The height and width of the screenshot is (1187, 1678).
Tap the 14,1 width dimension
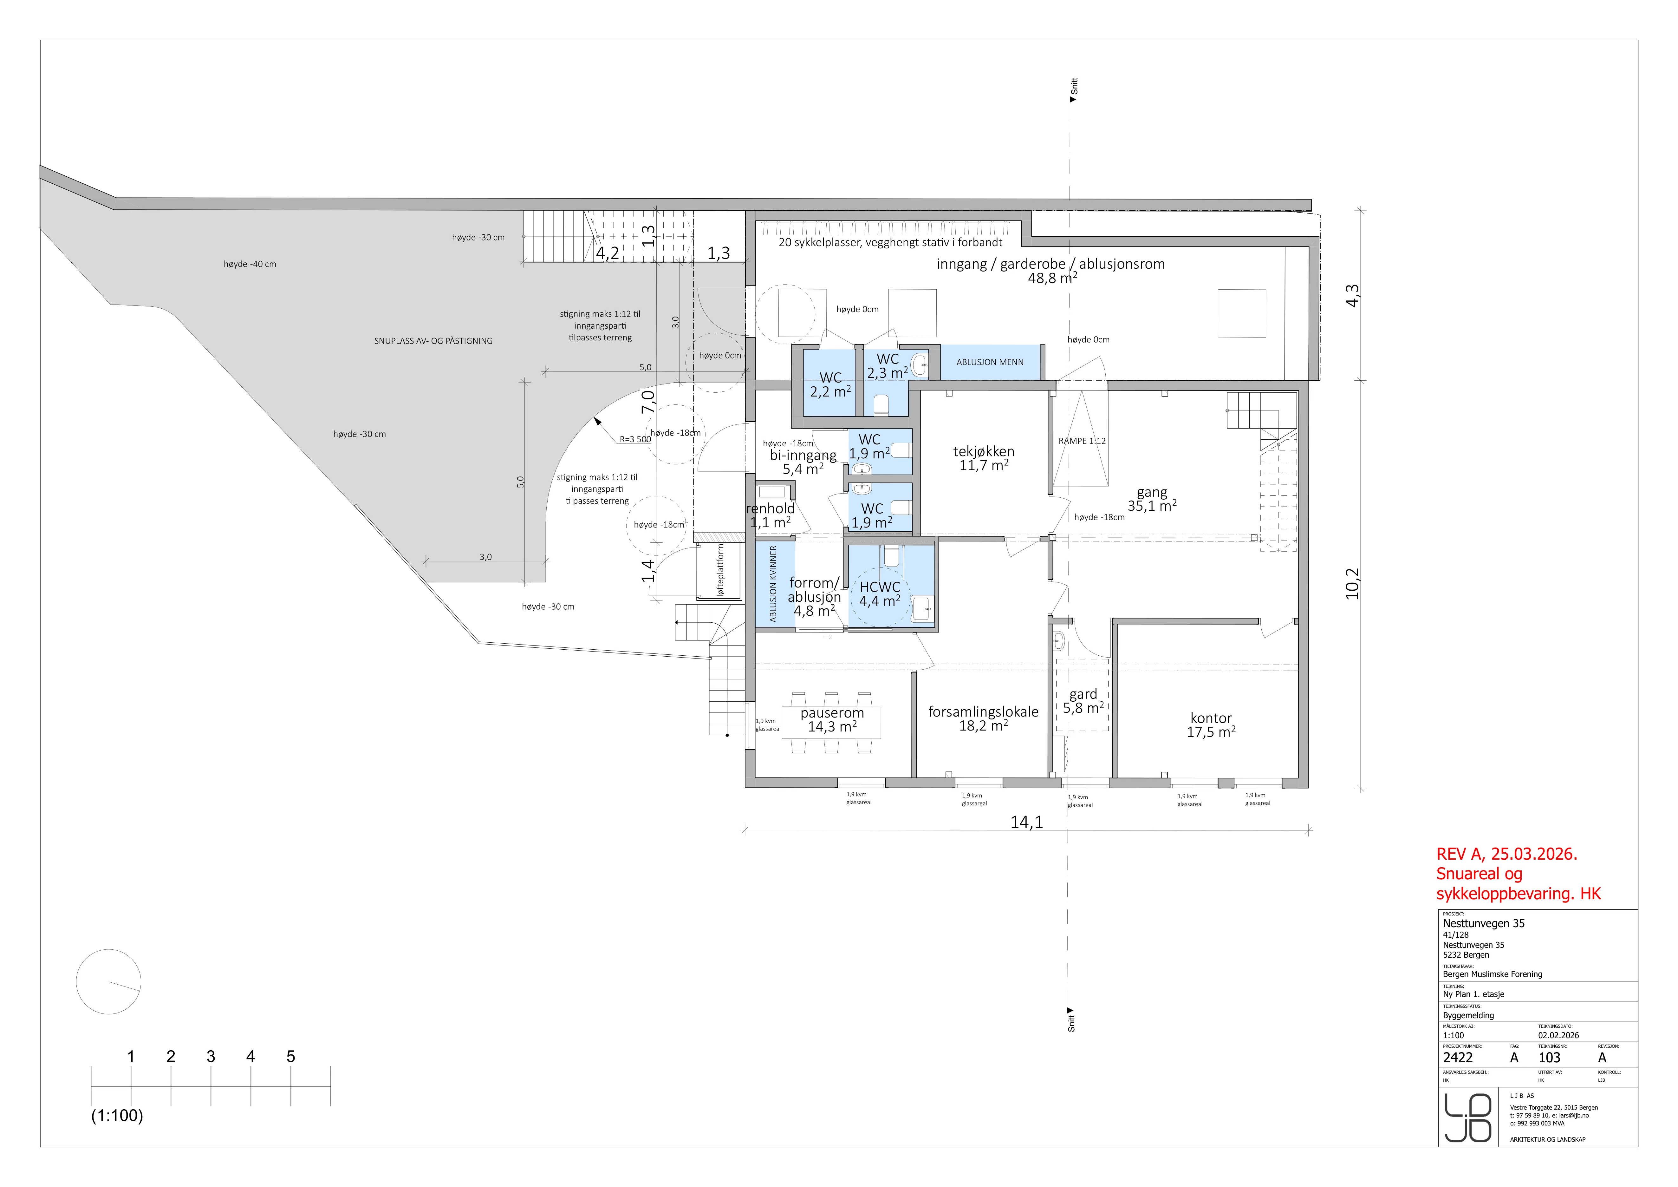[1027, 822]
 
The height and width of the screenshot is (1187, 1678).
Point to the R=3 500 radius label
[635, 439]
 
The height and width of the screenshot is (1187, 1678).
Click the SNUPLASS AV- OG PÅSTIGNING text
[433, 341]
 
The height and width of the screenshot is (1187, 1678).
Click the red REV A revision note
[1519, 874]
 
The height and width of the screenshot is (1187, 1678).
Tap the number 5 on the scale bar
[291, 1056]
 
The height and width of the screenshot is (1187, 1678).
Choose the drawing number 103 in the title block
[1549, 1058]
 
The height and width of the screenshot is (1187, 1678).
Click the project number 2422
[1458, 1058]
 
